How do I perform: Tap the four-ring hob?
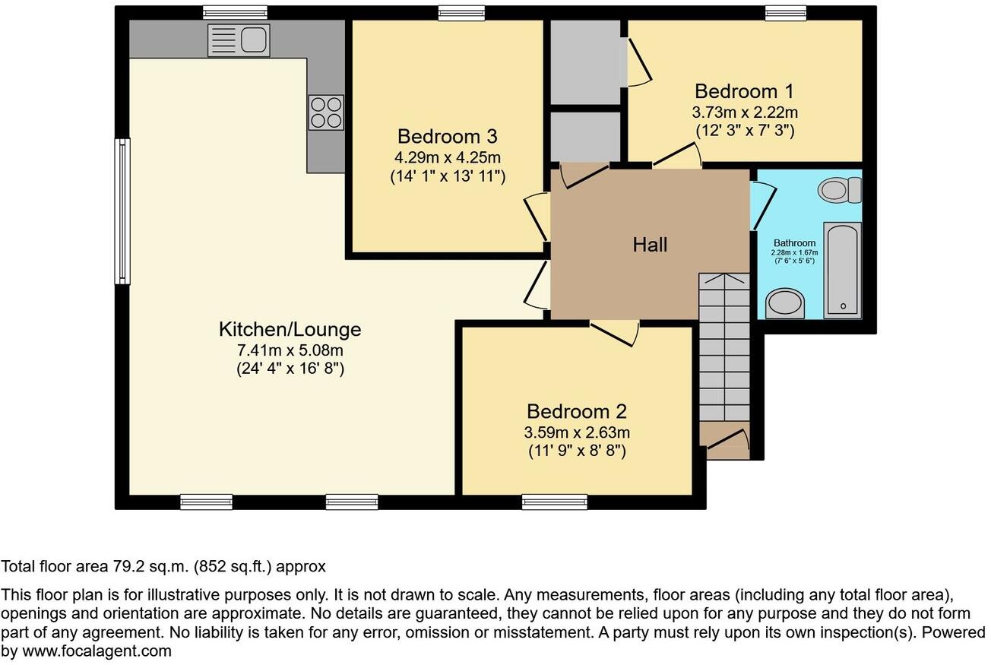click(x=325, y=112)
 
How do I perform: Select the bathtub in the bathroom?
click(x=842, y=270)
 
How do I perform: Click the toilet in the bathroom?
click(x=842, y=189)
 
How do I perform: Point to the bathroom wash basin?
click(x=785, y=303)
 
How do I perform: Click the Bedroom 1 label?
click(x=744, y=91)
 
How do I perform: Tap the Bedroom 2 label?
click(x=577, y=411)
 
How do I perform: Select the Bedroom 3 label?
click(x=447, y=136)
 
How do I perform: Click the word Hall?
click(x=650, y=244)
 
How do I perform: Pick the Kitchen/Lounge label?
click(x=290, y=329)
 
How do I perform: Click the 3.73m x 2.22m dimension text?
click(x=744, y=112)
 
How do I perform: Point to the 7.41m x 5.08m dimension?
click(x=290, y=350)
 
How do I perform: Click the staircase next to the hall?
click(x=723, y=357)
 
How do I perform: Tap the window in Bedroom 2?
click(x=554, y=502)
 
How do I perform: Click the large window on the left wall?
click(x=122, y=211)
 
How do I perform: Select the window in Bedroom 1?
click(x=785, y=12)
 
